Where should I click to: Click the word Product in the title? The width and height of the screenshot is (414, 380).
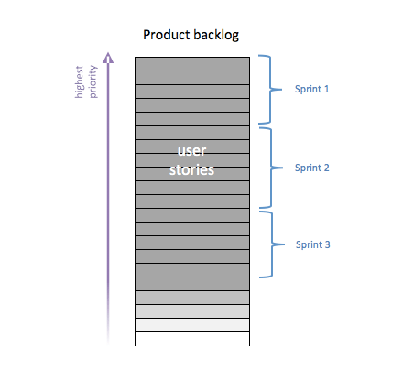[x=166, y=36]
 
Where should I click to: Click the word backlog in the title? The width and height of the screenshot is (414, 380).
[x=215, y=36]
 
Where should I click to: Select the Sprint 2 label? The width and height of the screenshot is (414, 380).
[x=311, y=168]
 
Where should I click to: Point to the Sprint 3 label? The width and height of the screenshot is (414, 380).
[x=311, y=244]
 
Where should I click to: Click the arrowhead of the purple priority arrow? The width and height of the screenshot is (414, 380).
[x=108, y=58]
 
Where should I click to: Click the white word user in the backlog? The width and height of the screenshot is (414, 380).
[x=191, y=153]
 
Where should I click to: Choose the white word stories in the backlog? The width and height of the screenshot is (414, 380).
[x=191, y=169]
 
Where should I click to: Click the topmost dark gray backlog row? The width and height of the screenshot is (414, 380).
[x=192, y=64]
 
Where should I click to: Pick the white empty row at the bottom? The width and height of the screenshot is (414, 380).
[x=192, y=339]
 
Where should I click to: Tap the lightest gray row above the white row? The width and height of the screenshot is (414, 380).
[x=192, y=325]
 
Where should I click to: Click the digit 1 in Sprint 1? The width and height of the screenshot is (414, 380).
[x=326, y=91]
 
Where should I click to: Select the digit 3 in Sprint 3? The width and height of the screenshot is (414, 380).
[x=327, y=244]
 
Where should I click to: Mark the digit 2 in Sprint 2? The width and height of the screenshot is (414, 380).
[x=327, y=168]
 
